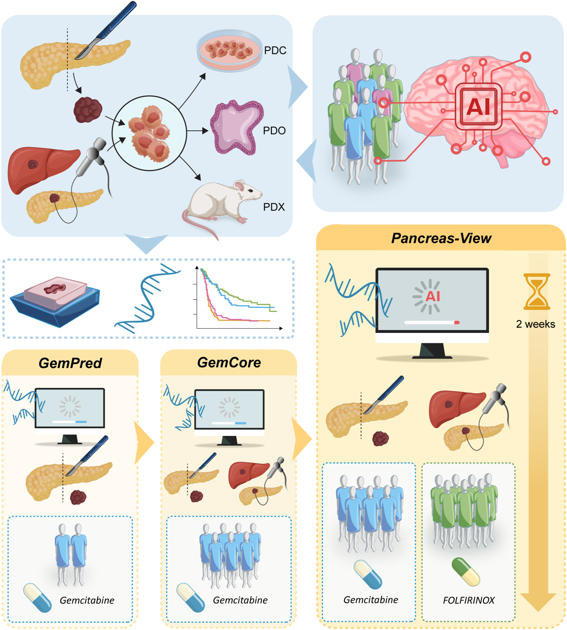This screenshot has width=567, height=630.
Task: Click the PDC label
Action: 275,50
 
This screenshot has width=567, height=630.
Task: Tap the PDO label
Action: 274,131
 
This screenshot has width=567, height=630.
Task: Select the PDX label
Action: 274,207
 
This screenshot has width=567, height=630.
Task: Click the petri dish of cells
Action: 229,50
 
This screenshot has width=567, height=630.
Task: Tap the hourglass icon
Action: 536,291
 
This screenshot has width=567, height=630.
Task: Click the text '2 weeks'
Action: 536,324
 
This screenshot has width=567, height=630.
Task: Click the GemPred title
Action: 70,363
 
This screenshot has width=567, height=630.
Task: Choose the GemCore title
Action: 229,363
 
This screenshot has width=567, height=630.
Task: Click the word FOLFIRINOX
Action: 469,600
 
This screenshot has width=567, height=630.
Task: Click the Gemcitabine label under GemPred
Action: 87,600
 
